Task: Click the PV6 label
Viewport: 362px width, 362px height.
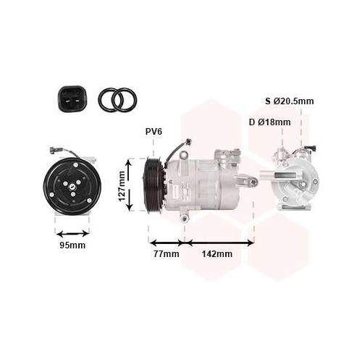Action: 153,132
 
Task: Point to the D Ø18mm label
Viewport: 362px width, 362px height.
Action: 269,122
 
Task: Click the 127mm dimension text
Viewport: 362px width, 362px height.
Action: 122,185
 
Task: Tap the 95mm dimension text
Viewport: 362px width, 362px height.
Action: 72,245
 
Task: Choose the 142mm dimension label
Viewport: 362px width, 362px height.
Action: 218,253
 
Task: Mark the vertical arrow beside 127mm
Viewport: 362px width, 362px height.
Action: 130,185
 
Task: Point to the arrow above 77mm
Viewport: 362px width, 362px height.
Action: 167,243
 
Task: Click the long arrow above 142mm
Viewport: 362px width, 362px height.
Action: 218,243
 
